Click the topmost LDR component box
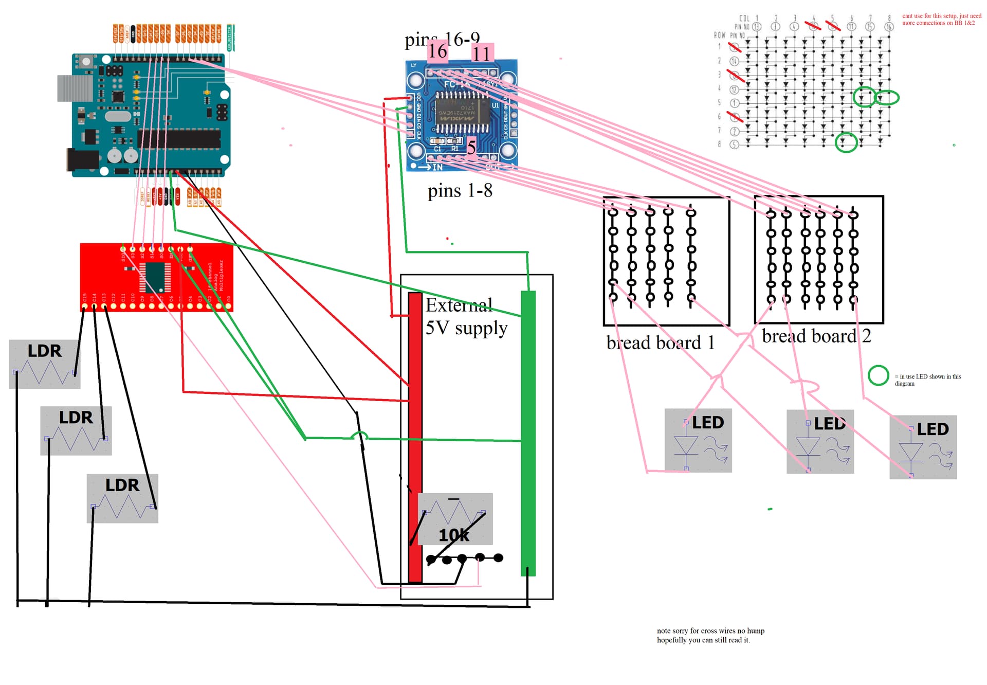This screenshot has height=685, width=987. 45,364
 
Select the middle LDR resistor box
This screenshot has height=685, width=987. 76,430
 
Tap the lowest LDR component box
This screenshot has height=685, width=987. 122,498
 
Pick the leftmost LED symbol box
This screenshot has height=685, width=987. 698,441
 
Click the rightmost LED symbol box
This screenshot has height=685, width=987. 923,447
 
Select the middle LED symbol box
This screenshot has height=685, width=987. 820,442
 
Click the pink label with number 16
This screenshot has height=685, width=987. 437,51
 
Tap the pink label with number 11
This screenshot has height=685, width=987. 482,53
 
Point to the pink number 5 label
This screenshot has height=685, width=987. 471,148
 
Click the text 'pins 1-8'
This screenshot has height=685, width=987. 460,191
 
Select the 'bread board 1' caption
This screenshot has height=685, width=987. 660,342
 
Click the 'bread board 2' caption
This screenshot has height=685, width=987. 816,336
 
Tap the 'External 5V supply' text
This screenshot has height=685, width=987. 465,316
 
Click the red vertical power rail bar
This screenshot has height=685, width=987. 415,437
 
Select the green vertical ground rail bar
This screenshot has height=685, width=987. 528,432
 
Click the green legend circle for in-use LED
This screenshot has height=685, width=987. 878,375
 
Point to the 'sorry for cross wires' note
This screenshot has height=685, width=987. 710,635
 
